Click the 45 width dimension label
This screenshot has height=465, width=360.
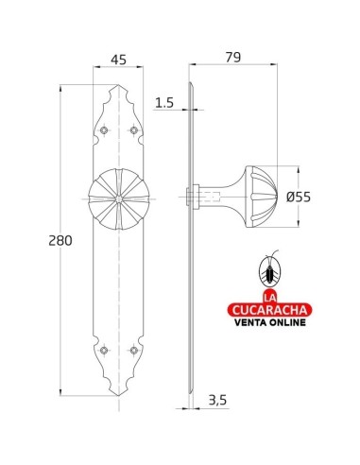pos(119,60)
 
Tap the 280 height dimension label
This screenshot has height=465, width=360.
pos(60,241)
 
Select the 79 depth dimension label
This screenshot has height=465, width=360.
pos(233,58)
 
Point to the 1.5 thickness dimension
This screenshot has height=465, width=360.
pos(164,103)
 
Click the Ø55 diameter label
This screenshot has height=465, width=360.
pos(299,198)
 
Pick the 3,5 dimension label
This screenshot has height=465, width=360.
pos(217,400)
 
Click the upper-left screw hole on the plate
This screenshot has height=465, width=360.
pos(104,130)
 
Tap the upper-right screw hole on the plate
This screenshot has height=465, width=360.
pos(133,130)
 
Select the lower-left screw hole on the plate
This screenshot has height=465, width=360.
pos(104,350)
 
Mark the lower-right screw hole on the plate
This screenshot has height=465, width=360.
pos(133,350)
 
